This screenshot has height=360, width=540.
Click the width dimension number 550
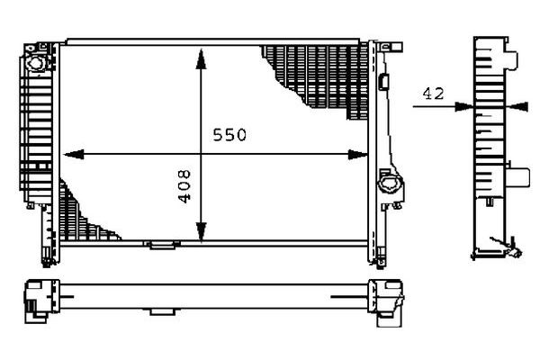[229, 135]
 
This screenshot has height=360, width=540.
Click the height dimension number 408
[184, 186]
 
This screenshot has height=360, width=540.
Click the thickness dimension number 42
[433, 94]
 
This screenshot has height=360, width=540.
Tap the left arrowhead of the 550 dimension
[74, 155]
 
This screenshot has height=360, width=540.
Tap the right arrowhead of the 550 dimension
[358, 155]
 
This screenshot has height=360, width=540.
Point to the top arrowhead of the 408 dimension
[201, 59]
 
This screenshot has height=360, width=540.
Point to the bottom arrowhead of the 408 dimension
[201, 232]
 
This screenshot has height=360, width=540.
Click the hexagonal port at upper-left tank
[37, 63]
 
